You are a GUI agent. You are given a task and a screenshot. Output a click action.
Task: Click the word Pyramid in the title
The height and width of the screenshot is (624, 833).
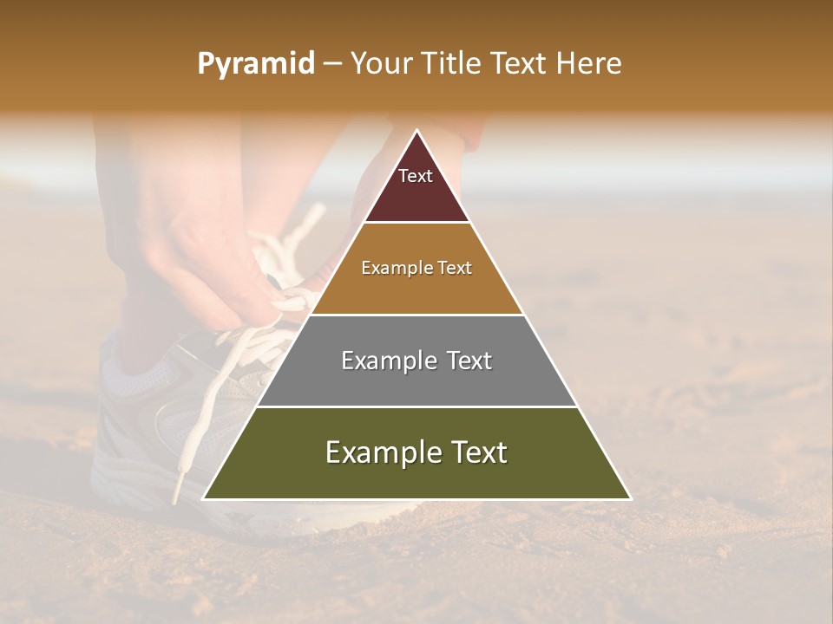[255, 64]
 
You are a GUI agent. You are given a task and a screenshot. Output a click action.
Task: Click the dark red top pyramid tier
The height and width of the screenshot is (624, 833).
[416, 195]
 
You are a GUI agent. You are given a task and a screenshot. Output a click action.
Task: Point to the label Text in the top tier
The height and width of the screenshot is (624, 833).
[416, 176]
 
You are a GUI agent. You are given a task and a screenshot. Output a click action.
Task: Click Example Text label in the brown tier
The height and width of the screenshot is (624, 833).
[416, 268]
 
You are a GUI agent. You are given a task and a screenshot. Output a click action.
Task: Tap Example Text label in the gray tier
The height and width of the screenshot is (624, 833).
[416, 361]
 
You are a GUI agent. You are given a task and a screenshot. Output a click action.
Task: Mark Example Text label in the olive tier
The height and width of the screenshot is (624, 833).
[416, 452]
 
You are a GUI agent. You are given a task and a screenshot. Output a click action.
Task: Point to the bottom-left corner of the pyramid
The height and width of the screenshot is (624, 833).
[204, 498]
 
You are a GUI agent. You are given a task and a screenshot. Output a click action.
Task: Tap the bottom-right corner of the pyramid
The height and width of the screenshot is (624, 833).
[630, 498]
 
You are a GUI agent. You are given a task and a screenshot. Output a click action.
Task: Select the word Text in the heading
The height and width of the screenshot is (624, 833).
[520, 64]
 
